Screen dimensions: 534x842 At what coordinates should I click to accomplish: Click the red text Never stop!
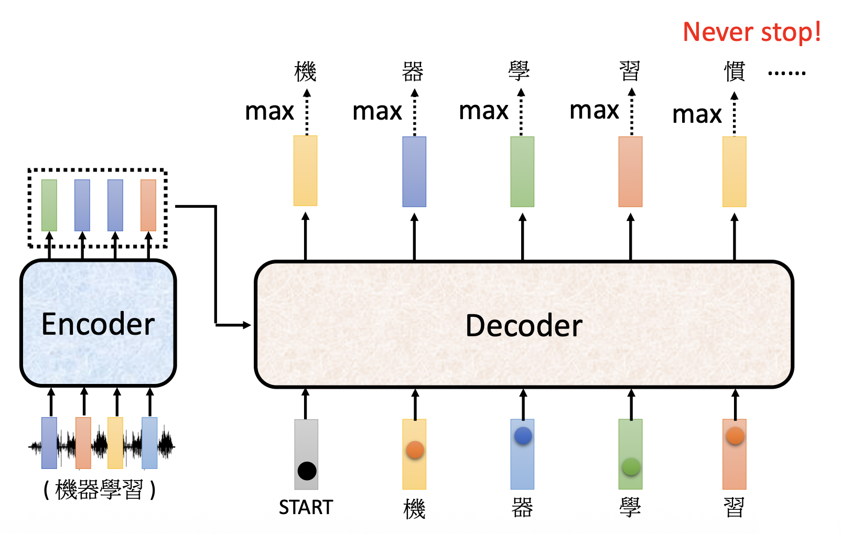752,33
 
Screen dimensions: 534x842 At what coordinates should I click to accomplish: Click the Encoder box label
98,324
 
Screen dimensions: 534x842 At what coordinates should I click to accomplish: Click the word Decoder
524,326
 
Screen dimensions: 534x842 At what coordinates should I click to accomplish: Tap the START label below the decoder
306,508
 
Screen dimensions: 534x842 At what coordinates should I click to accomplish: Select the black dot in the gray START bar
307,471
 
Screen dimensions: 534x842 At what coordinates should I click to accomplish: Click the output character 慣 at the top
735,71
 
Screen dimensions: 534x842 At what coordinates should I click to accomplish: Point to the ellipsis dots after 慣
786,73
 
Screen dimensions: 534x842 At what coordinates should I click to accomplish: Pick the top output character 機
305,71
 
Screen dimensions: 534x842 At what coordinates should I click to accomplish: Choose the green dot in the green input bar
631,466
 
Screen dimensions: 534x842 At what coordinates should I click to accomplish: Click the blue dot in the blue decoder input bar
523,435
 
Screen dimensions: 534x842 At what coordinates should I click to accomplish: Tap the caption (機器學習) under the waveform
99,490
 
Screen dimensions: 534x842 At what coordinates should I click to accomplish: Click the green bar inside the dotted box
49,205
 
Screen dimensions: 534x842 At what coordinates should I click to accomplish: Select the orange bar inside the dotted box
148,205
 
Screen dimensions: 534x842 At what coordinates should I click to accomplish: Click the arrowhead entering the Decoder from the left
247,325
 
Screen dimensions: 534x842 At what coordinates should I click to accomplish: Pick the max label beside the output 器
377,111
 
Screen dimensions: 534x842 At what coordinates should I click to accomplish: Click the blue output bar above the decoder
414,172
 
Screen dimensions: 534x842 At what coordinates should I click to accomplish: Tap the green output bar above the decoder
522,172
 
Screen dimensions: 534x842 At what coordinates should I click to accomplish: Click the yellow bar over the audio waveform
115,443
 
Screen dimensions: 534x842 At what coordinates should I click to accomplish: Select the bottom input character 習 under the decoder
734,508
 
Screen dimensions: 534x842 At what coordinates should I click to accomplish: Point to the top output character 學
519,71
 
